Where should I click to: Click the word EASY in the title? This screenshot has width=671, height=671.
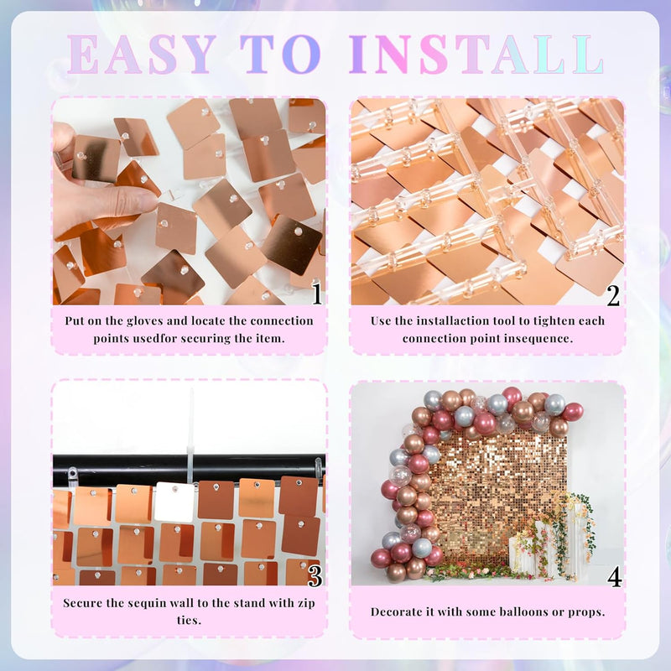142,55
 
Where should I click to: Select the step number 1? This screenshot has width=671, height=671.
317,294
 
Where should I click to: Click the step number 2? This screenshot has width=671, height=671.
613,295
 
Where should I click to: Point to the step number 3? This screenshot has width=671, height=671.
315,576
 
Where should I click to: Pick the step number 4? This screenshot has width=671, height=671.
615,577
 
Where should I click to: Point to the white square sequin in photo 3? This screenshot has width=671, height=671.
175,502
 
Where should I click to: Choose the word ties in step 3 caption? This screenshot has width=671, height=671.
189,621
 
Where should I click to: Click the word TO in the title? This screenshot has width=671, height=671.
280,55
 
